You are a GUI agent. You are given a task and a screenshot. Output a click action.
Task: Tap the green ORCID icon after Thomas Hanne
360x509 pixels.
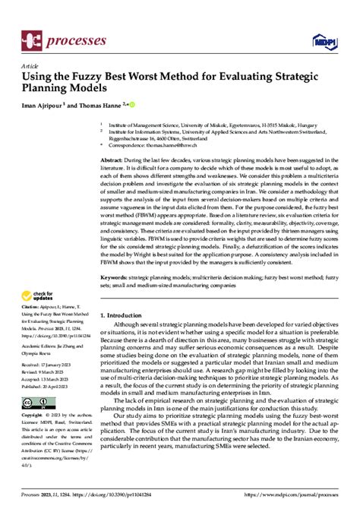(131, 104)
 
